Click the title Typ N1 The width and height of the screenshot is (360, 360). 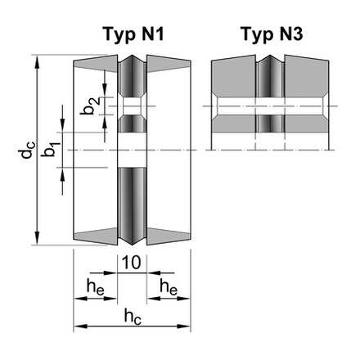(134, 34)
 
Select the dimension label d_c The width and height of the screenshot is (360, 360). (28, 151)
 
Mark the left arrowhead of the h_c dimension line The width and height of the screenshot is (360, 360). (79, 326)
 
